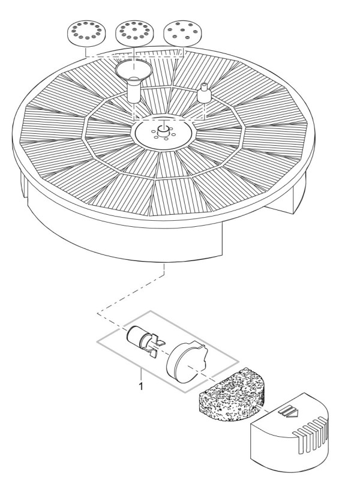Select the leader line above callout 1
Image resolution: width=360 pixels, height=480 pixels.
(142, 373)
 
